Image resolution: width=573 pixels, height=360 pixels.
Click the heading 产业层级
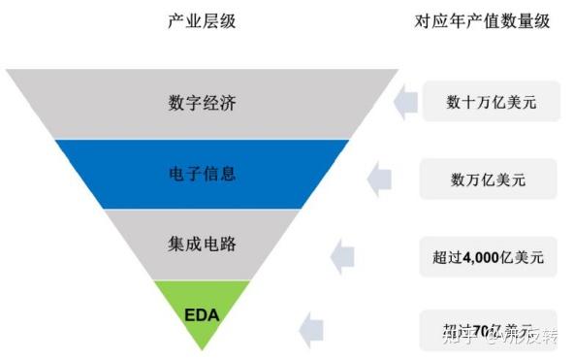pos(202,20)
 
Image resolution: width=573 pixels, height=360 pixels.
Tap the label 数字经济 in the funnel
pos(202,103)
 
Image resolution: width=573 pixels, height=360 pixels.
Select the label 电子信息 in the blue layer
pos(202,174)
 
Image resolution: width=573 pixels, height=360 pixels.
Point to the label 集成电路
pos(202,245)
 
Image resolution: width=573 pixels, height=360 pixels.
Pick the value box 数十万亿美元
pos(491,101)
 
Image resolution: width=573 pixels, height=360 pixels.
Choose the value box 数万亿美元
pos(491,179)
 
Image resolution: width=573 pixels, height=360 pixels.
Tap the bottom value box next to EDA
pos(491,330)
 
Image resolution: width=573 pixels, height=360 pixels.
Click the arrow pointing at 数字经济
pos(405,101)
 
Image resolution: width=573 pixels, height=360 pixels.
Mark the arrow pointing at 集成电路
pos(342,257)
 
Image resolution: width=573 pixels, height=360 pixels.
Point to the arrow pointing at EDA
pos(310,330)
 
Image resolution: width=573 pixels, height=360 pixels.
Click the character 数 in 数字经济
pos(175,103)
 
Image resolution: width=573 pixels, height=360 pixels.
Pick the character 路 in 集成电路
pos(228,245)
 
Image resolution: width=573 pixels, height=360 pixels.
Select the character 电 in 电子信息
pos(175,174)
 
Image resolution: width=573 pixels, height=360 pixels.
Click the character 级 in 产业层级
pos(228,20)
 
